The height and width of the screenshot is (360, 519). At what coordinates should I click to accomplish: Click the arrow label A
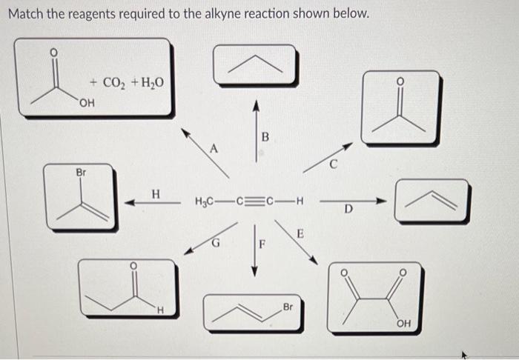pyautogui.click(x=214, y=148)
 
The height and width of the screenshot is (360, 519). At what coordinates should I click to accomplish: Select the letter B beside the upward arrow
pyautogui.click(x=265, y=136)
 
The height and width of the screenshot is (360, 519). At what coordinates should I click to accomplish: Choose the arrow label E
pyautogui.click(x=300, y=234)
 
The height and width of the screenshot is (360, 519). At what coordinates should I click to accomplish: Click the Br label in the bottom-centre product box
pyautogui.click(x=287, y=307)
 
